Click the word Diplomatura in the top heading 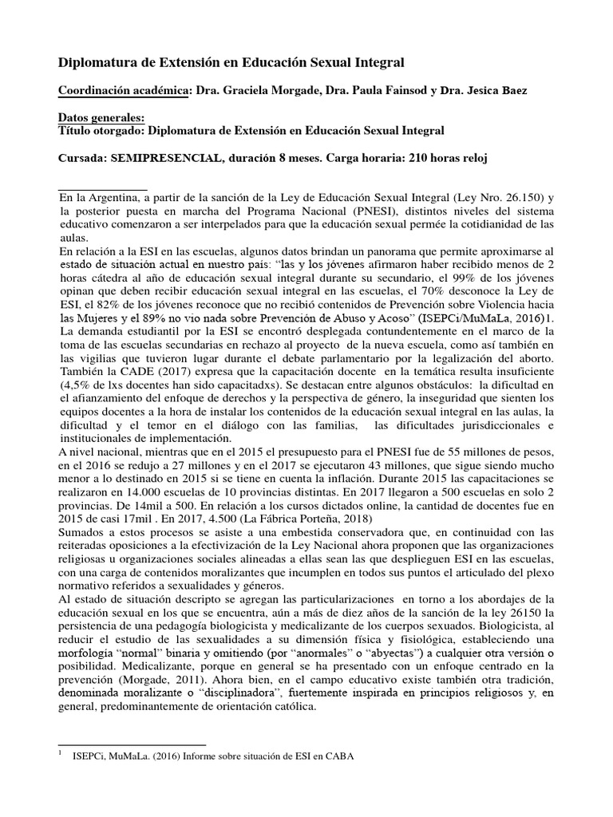coord(101,61)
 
